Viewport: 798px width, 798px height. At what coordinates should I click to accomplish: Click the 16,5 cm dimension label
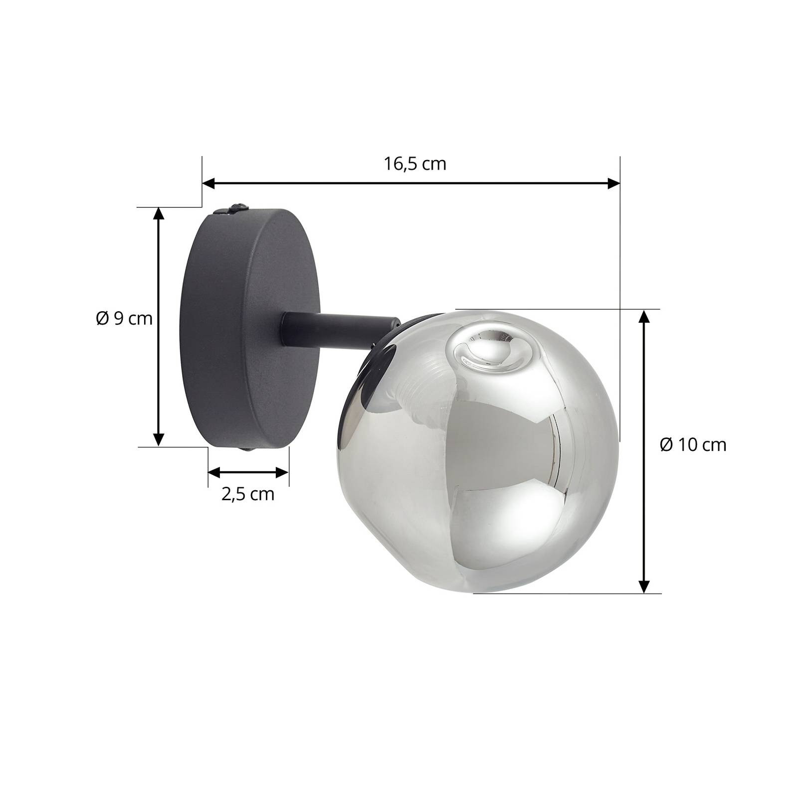415,164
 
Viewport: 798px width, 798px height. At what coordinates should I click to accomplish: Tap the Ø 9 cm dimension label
124,318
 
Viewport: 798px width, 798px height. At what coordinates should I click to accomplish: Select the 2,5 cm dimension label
248,494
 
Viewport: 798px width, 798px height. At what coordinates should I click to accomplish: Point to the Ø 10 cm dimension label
693,444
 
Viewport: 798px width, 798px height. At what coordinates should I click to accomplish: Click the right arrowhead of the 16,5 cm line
613,184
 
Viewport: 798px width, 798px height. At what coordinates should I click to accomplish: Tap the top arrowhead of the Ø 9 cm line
158,214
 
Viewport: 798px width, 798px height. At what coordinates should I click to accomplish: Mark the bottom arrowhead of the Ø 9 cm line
158,439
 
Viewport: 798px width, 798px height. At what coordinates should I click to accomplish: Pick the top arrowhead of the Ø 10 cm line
644,317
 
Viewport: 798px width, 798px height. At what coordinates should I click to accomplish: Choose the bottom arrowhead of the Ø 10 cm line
644,586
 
